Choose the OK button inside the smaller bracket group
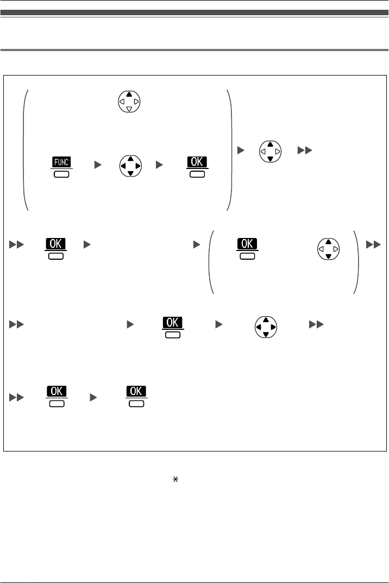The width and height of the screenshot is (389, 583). pos(247,248)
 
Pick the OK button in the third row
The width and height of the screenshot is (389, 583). pos(173,327)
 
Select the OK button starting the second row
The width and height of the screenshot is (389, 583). pos(55,248)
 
